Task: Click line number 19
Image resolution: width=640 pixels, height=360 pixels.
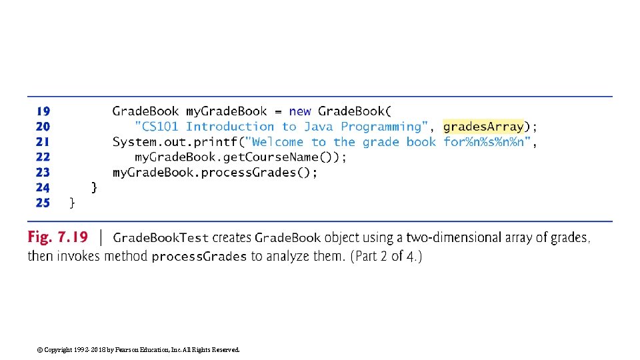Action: click(43, 111)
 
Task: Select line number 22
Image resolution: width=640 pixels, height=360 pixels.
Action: click(43, 157)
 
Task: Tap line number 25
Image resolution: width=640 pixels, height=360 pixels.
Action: click(43, 203)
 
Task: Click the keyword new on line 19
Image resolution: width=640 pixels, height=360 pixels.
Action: click(300, 111)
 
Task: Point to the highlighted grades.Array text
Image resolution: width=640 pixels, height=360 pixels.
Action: click(483, 126)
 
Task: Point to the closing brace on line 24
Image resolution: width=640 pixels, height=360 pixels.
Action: click(94, 187)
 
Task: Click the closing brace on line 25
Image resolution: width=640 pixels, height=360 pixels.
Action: click(72, 203)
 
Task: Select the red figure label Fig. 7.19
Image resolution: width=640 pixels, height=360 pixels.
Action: click(58, 237)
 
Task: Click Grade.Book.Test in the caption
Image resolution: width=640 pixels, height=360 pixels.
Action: click(161, 238)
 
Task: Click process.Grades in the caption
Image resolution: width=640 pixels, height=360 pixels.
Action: click(199, 257)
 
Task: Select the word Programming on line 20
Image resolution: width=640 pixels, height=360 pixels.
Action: click(381, 127)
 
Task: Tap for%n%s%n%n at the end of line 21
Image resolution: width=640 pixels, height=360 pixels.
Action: click(489, 142)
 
